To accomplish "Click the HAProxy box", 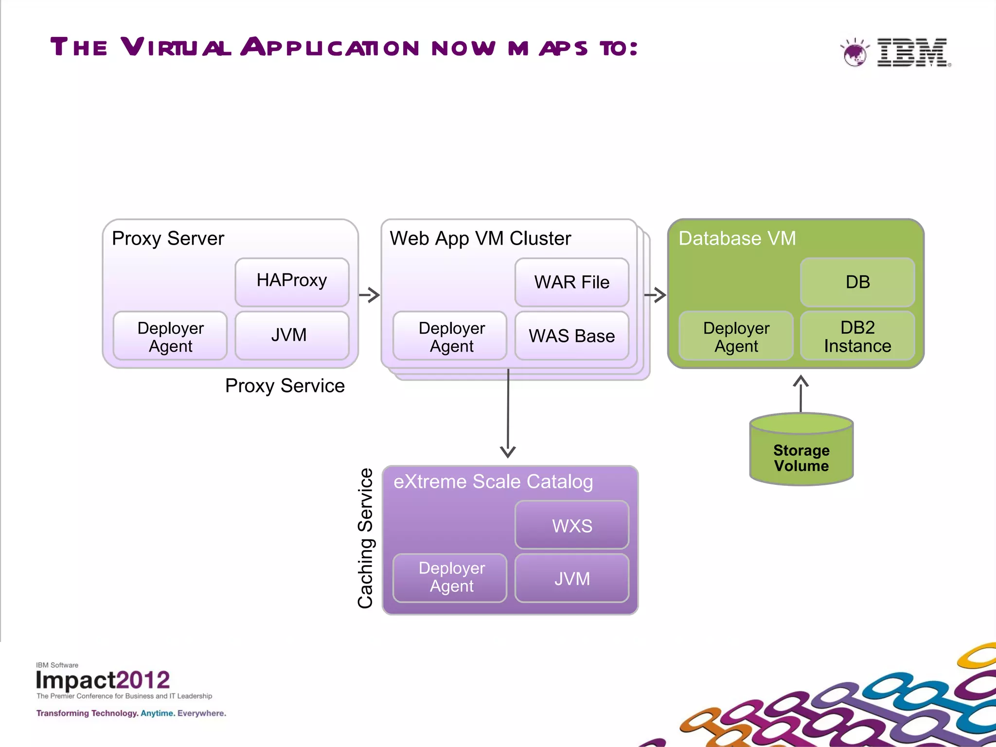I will coord(292,282).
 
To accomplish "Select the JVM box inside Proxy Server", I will coord(292,335).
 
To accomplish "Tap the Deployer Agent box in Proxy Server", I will coord(170,336).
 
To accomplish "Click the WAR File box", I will coord(571,282).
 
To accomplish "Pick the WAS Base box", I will coord(571,336).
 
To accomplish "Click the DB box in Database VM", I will coord(857,282).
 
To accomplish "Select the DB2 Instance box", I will coord(857,336).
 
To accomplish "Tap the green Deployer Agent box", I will coord(736,336).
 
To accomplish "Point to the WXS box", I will coord(571,525).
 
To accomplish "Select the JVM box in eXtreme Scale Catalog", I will coord(571,578).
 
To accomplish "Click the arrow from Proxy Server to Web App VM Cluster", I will coord(370,295).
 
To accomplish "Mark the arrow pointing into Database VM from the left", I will coord(655,295).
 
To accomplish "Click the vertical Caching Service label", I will coord(366,538).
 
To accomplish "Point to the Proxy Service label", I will coord(285,386).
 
